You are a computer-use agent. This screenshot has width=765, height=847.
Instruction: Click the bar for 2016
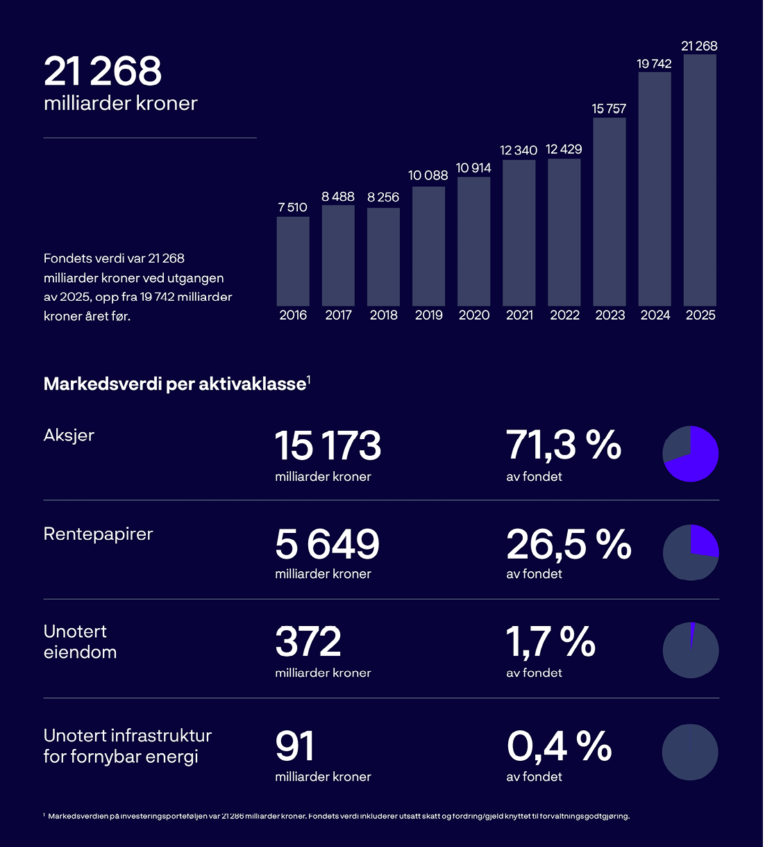tap(293, 261)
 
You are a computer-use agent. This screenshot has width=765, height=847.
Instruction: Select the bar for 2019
tap(428, 246)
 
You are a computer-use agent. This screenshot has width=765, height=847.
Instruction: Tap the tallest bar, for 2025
tap(700, 180)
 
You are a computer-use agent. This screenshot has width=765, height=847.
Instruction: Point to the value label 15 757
tap(609, 109)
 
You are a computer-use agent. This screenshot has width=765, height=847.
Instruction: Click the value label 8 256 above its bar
tap(383, 197)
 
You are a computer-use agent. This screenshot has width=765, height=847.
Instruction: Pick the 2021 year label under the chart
tap(519, 315)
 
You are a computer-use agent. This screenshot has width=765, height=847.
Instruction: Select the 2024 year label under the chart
tap(655, 315)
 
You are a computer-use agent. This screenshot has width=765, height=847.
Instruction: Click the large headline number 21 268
tap(103, 71)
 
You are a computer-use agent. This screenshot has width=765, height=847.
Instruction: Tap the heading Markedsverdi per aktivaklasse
tap(175, 384)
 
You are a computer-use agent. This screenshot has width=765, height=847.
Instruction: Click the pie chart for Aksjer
tap(691, 454)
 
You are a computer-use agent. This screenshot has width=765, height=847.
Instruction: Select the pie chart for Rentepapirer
tap(691, 552)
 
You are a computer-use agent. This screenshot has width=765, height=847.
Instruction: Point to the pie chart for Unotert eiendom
tap(691, 651)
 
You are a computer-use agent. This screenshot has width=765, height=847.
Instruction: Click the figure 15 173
tap(328, 446)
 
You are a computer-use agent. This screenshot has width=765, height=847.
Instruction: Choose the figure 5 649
tap(327, 544)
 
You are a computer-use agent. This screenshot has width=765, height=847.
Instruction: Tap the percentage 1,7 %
tap(550, 642)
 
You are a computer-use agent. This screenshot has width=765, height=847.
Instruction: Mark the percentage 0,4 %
tap(559, 746)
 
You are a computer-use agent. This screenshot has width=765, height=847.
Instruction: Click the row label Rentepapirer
tap(98, 534)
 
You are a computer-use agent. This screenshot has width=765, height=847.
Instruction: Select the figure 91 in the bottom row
tap(295, 746)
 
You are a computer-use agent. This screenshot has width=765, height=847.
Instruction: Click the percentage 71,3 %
tap(563, 445)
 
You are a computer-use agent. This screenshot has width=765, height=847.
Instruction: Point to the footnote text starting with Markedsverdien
tap(338, 816)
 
